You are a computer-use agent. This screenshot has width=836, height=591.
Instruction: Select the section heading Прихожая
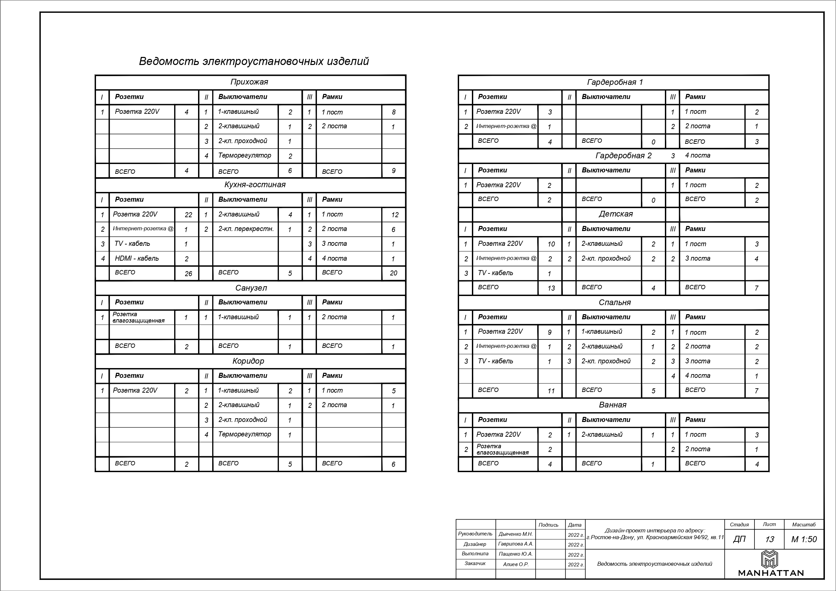click(249, 82)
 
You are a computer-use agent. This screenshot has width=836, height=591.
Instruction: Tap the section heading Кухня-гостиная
click(255, 185)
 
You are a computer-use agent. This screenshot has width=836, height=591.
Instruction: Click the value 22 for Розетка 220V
click(188, 215)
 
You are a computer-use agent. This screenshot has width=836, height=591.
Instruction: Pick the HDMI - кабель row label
click(137, 259)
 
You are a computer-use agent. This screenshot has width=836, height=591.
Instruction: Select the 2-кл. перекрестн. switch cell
click(246, 229)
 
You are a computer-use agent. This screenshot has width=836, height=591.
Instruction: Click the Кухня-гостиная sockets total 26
click(188, 273)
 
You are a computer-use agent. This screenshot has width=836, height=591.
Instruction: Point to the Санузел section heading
click(251, 288)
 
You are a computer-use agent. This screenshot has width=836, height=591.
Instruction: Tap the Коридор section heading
click(248, 361)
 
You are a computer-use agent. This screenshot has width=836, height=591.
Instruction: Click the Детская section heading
click(616, 214)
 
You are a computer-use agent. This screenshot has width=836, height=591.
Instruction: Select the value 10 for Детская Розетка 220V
click(551, 244)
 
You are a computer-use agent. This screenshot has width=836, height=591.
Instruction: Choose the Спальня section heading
click(615, 303)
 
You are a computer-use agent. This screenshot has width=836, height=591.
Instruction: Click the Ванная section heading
click(613, 405)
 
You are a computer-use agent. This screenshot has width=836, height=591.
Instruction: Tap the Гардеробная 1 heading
click(615, 82)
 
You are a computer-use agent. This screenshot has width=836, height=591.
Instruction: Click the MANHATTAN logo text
click(771, 573)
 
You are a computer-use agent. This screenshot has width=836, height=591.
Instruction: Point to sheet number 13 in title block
click(769, 539)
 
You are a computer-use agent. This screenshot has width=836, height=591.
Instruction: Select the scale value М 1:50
click(804, 539)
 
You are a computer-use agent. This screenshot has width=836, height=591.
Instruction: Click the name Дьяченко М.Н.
click(516, 534)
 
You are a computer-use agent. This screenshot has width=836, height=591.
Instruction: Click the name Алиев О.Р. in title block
click(516, 564)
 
